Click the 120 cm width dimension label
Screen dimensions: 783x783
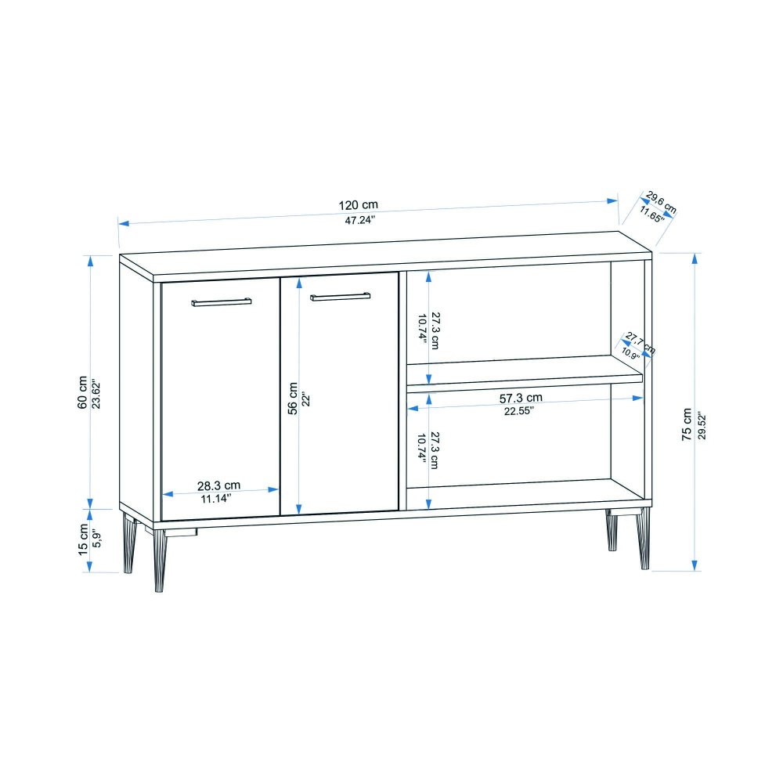pyautogui.click(x=358, y=204)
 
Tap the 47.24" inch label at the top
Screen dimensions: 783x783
pyautogui.click(x=359, y=220)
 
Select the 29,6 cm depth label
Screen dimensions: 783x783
pyautogui.click(x=661, y=202)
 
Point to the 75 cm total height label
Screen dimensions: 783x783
pyautogui.click(x=687, y=424)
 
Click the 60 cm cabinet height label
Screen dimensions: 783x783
pyautogui.click(x=82, y=392)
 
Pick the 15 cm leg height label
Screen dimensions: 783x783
pyautogui.click(x=83, y=539)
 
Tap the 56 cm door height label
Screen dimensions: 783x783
pyautogui.click(x=293, y=399)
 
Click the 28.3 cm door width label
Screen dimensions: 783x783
pyautogui.click(x=218, y=485)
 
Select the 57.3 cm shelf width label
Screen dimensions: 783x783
pyautogui.click(x=521, y=398)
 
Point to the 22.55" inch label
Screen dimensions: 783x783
pyautogui.click(x=519, y=411)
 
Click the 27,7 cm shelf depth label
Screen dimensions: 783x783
pyautogui.click(x=640, y=343)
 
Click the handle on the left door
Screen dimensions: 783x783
pyautogui.click(x=222, y=301)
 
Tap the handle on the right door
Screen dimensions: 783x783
pyautogui.click(x=340, y=297)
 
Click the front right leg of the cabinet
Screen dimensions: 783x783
pyautogui.click(x=644, y=539)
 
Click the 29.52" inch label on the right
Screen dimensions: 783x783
pyautogui.click(x=702, y=425)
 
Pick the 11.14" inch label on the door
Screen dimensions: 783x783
pyautogui.click(x=216, y=498)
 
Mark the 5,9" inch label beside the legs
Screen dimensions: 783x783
pyautogui.click(x=97, y=539)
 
